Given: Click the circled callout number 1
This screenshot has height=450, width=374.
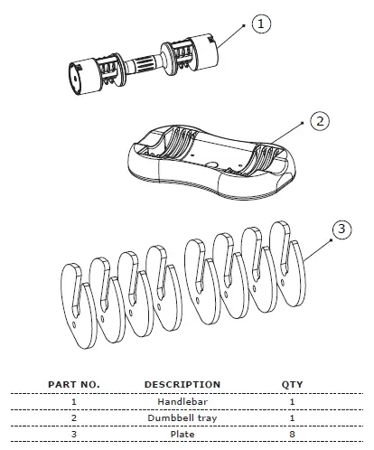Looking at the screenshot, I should click(261, 24).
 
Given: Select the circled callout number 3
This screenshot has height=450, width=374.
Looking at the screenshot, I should click(341, 230).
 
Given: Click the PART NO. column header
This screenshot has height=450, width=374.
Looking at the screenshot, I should click(72, 384).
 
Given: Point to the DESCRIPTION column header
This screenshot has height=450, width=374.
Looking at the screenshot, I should click(182, 384).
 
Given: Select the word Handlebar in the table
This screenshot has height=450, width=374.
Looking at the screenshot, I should click(182, 401).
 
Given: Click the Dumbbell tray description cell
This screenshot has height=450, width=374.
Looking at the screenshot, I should click(182, 417).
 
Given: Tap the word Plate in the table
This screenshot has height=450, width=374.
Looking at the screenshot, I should click(182, 435).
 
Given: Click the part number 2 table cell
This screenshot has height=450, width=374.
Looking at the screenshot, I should click(72, 417).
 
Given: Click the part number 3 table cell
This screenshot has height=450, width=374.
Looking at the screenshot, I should click(72, 435).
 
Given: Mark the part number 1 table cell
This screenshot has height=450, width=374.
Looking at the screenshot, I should click(72, 401).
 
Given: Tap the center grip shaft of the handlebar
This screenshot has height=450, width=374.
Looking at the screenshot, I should click(145, 63).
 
